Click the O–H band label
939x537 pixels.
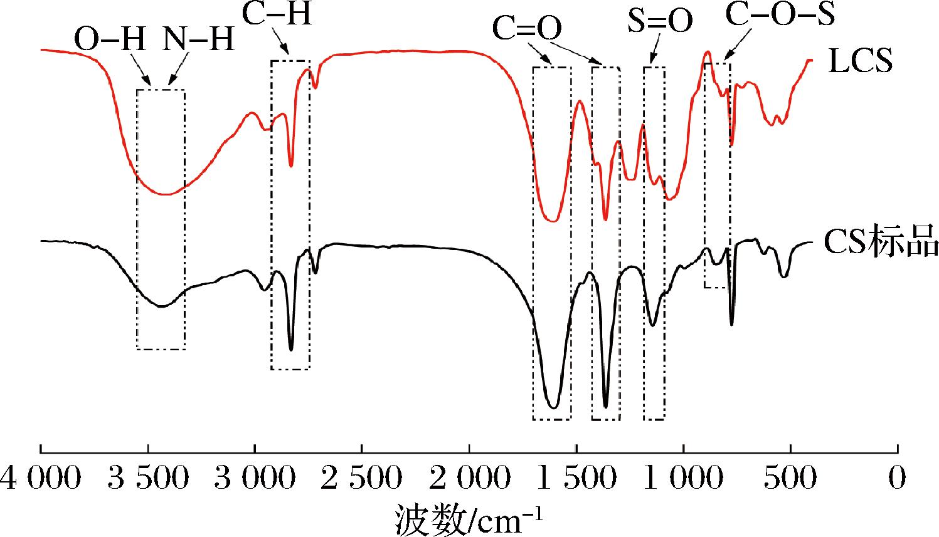coord(110,39)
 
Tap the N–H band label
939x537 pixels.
coord(198,39)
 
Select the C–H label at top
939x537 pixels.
coord(277,14)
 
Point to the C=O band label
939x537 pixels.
coord(527,29)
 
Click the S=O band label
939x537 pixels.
coord(660,22)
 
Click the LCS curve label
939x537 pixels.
coord(860,62)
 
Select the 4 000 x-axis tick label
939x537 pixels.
coord(40,479)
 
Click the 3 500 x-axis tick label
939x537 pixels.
coord(148,479)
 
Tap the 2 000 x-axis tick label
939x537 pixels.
coord(469,479)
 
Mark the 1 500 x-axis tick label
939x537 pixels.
coord(576,479)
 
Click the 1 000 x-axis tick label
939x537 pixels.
coord(683,479)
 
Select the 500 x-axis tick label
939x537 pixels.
coord(790,479)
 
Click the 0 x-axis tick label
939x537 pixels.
coord(898,479)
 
